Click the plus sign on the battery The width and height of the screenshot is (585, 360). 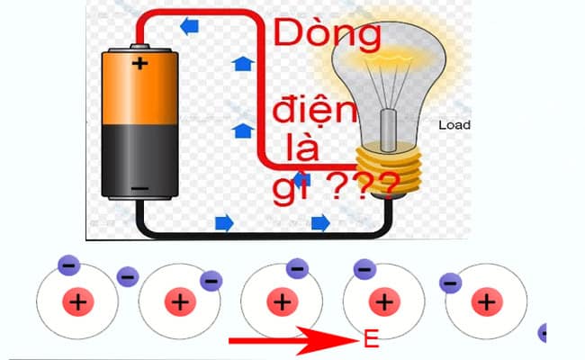coord(139,63)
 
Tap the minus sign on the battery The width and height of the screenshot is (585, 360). coord(139,189)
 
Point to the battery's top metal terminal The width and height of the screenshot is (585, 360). coord(139,44)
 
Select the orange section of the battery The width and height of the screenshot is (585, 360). coord(139,90)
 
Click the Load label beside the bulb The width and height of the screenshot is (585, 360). coord(454,126)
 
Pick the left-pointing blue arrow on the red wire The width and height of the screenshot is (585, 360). coord(190,27)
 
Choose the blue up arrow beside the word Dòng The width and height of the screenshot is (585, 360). coord(241,63)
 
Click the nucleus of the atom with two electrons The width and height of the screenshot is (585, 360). coord(78,301)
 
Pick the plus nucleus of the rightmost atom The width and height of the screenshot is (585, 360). coord(486,301)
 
